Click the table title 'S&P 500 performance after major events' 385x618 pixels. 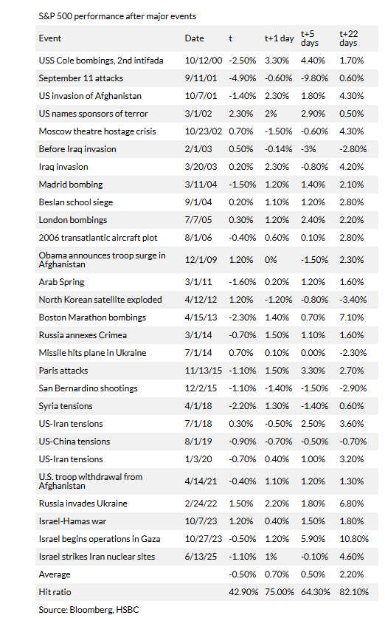117,16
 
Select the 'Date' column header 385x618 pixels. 195,38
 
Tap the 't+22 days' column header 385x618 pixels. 349,38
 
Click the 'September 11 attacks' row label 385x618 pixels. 80,78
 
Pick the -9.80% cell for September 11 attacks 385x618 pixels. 314,78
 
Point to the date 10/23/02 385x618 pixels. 204,131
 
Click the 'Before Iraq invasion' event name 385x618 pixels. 77,149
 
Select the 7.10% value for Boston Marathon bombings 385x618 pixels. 352,317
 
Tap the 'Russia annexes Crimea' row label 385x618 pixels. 83,335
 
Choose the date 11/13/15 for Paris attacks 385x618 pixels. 204,371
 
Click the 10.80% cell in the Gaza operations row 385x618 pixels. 354,539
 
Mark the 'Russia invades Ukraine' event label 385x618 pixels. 83,504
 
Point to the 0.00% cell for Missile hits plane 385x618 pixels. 313,353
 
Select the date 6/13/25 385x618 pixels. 201,557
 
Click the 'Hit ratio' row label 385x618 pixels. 55,592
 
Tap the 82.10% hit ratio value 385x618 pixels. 354,592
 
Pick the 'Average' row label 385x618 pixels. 55,574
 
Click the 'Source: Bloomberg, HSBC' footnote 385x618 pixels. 89,610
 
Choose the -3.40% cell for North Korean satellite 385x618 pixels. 353,300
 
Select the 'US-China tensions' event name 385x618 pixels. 74,442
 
